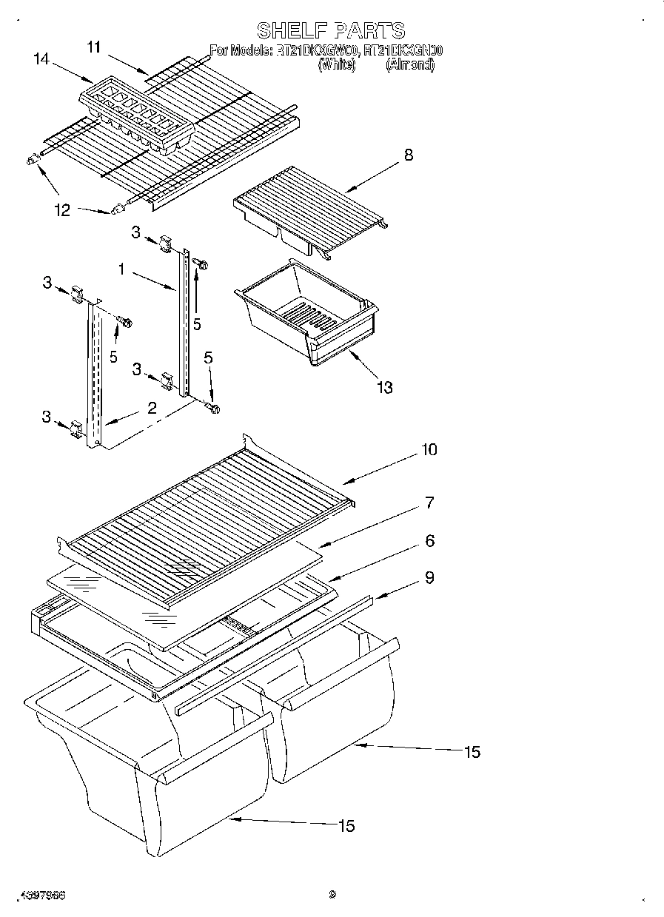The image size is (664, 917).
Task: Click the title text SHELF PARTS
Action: [331, 30]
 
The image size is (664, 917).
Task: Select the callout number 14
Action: [43, 59]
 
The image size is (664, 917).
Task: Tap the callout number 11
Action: [94, 47]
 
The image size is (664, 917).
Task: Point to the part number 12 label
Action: [62, 211]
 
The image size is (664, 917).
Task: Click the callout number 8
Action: [409, 155]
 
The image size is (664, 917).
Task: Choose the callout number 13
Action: [384, 386]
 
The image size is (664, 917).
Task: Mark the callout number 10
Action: [429, 449]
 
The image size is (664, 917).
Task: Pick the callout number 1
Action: [121, 270]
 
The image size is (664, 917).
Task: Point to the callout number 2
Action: [151, 406]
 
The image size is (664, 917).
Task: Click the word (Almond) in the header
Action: [409, 65]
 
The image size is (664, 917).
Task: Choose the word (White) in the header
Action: [336, 65]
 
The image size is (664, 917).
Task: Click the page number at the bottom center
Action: [332, 894]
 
